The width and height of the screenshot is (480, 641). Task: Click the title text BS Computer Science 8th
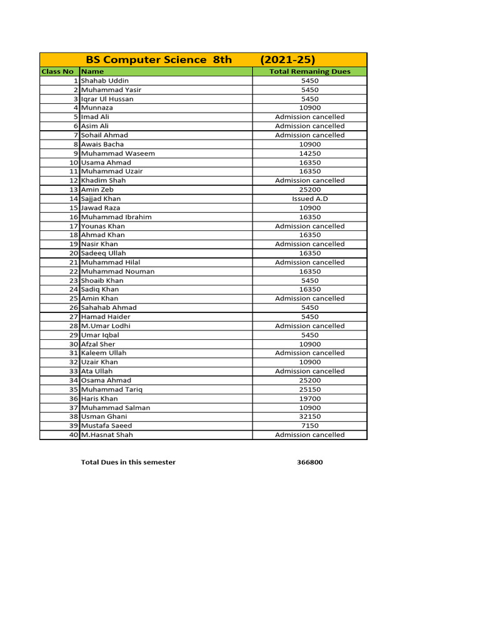(159, 60)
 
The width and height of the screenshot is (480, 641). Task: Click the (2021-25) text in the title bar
(288, 60)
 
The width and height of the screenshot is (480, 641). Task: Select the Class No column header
(57, 71)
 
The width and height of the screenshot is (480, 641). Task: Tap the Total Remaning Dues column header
(309, 71)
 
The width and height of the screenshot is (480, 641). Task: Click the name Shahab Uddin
(104, 81)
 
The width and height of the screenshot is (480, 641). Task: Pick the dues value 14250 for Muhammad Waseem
(309, 153)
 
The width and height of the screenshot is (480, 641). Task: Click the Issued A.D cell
(309, 198)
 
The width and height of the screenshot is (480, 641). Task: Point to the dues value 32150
(309, 416)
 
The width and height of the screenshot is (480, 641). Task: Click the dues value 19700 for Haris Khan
(309, 398)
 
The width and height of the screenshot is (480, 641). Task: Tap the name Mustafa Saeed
(106, 426)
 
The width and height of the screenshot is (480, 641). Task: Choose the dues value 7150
(309, 426)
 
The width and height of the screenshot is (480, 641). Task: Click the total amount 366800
(310, 463)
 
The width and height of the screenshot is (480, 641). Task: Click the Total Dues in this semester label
(128, 463)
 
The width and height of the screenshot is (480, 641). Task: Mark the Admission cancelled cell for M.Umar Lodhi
(309, 326)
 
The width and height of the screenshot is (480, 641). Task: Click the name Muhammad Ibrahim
(116, 217)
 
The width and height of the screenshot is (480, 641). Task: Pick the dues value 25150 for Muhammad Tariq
(309, 389)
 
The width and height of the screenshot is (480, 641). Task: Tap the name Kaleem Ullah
(103, 353)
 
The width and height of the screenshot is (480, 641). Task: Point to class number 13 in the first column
(73, 190)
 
